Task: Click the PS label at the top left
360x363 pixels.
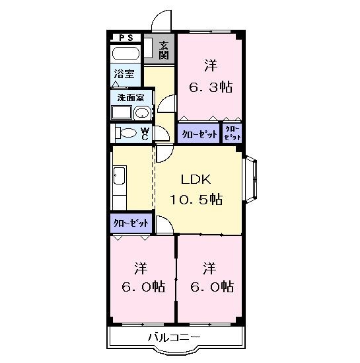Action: click(125, 38)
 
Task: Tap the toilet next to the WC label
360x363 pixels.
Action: click(126, 133)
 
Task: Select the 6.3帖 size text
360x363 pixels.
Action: click(211, 87)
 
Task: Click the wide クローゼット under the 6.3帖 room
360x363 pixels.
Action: click(199, 133)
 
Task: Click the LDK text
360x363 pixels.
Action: click(197, 179)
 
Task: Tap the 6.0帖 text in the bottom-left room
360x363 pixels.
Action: click(141, 288)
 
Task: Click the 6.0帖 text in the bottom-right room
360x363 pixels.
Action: click(209, 288)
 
